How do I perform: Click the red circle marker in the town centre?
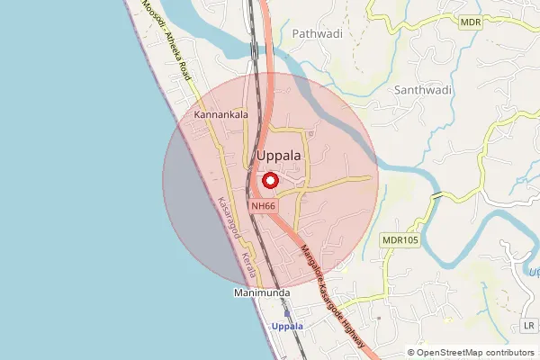pos(268,180)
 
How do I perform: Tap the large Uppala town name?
pos(279,156)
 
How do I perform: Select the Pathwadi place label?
pos(313,33)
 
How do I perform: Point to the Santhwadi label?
pos(421,90)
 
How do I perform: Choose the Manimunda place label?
pos(257,293)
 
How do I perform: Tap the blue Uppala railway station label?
pos(288,326)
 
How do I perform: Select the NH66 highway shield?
pos(264,206)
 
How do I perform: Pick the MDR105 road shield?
pos(400,239)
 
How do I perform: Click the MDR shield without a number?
pos(470,22)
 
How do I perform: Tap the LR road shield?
pos(527,325)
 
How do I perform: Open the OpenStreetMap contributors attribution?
pos(475,353)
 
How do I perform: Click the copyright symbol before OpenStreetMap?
pos(411,353)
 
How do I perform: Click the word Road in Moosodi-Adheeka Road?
pos(184,67)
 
